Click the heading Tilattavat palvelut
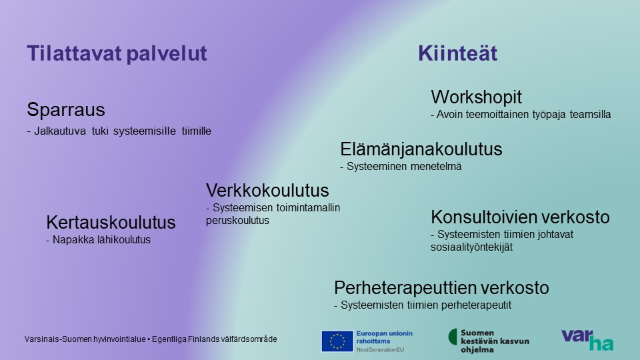(117, 53)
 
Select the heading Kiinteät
(457, 53)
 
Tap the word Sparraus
(66, 110)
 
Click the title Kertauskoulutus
(111, 223)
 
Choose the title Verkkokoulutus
(267, 191)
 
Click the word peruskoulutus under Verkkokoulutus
(237, 221)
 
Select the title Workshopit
(476, 97)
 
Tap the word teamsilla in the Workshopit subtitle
(590, 114)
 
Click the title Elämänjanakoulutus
(421, 149)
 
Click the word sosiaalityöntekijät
(472, 247)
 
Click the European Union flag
(337, 341)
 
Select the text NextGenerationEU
(380, 350)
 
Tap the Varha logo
(587, 340)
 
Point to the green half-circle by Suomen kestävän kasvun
(453, 337)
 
